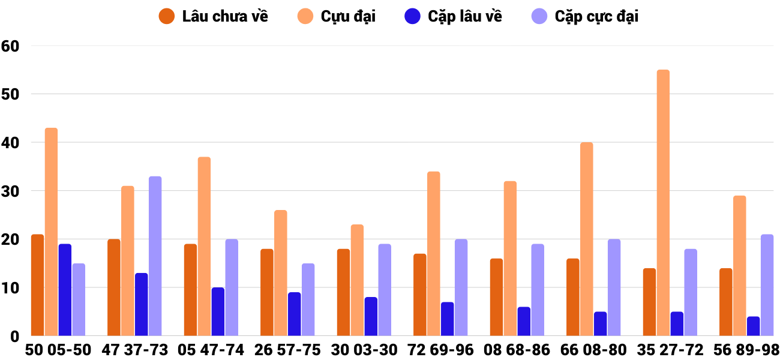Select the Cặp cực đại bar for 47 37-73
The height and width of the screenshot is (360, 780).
(155, 256)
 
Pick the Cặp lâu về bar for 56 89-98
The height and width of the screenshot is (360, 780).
(754, 326)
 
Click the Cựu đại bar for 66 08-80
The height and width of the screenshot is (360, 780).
(586, 239)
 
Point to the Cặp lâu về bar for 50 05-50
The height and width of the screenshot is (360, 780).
(65, 290)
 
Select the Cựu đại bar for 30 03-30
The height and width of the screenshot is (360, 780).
(357, 280)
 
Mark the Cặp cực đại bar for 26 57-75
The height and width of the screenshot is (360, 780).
(308, 299)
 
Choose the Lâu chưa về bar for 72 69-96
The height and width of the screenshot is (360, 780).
(420, 295)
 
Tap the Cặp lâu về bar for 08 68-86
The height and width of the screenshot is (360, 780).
(524, 322)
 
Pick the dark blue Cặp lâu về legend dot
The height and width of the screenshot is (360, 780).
(412, 16)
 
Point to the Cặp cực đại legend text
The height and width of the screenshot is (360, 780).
(596, 16)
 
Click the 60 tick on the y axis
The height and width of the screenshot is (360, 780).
(11, 46)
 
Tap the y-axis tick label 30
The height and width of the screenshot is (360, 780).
(11, 191)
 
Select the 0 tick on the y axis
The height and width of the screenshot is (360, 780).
(14, 336)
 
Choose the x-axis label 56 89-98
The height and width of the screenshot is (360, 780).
(746, 350)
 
